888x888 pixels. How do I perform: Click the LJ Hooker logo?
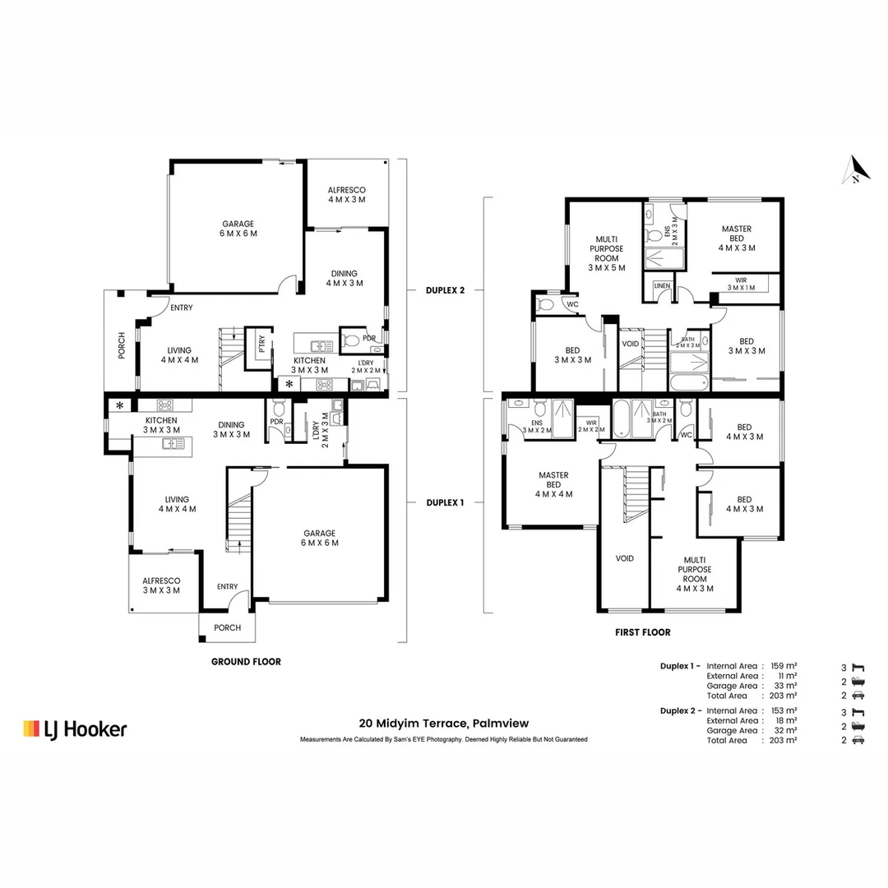click(x=75, y=728)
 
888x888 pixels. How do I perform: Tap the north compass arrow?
click(x=856, y=170)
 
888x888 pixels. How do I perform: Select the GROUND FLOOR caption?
click(x=246, y=661)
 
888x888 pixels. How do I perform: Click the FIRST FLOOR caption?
click(x=643, y=632)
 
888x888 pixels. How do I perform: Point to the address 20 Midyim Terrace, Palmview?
click(x=444, y=724)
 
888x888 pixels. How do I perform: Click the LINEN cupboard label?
click(x=662, y=286)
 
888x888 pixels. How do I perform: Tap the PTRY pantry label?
click(x=261, y=344)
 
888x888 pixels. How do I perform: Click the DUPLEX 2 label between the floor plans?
click(x=445, y=290)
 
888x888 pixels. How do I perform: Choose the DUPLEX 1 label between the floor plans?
click(x=445, y=502)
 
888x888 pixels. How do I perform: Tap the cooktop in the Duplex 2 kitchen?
click(x=325, y=385)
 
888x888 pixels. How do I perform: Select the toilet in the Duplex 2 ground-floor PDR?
click(x=351, y=340)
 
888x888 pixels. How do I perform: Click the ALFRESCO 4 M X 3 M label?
click(x=347, y=195)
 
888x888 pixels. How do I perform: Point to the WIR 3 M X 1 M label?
click(x=741, y=284)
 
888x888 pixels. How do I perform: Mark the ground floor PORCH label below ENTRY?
click(x=227, y=627)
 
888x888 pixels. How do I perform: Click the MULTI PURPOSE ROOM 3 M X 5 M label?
click(x=607, y=253)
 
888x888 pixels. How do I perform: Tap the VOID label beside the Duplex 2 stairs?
click(x=631, y=344)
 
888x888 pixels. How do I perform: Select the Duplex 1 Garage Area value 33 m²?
click(x=786, y=686)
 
